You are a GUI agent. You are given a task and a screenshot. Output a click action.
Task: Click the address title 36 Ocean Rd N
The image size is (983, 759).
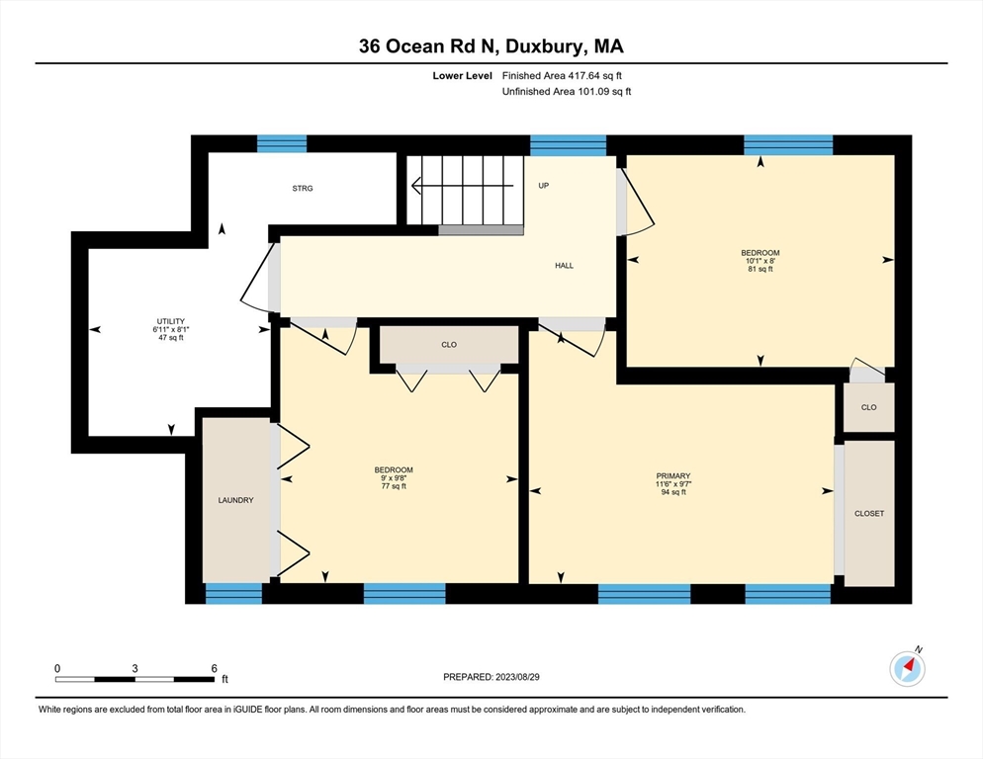(491, 45)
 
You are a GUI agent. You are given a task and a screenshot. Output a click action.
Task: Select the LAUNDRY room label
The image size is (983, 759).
(235, 500)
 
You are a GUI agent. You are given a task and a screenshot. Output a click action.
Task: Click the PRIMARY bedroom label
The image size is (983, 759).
(672, 475)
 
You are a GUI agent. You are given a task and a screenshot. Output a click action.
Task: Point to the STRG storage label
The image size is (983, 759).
(302, 188)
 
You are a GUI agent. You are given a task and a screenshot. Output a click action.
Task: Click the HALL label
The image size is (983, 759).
(564, 265)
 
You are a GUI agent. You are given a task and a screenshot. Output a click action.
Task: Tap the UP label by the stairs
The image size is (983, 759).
(543, 185)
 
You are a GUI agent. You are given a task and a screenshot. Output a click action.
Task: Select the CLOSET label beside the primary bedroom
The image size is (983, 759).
(869, 514)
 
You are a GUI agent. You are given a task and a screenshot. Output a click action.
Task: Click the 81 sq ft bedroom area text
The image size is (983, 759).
(760, 269)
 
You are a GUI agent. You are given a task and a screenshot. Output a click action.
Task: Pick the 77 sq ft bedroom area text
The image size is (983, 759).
(393, 486)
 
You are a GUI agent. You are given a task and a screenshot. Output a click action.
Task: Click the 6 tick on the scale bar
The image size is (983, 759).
(213, 668)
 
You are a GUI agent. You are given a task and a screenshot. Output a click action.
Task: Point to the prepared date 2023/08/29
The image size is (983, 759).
(492, 677)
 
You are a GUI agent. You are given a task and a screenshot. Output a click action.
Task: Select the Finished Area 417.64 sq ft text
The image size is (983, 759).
(563, 75)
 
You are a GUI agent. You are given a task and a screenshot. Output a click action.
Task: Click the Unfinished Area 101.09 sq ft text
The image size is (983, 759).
(567, 92)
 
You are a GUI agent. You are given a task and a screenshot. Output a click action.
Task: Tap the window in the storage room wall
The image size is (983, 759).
(282, 144)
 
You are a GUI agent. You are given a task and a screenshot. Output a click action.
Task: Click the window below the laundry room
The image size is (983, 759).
(233, 594)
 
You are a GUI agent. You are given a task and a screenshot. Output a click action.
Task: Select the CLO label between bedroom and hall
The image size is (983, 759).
(449, 345)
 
